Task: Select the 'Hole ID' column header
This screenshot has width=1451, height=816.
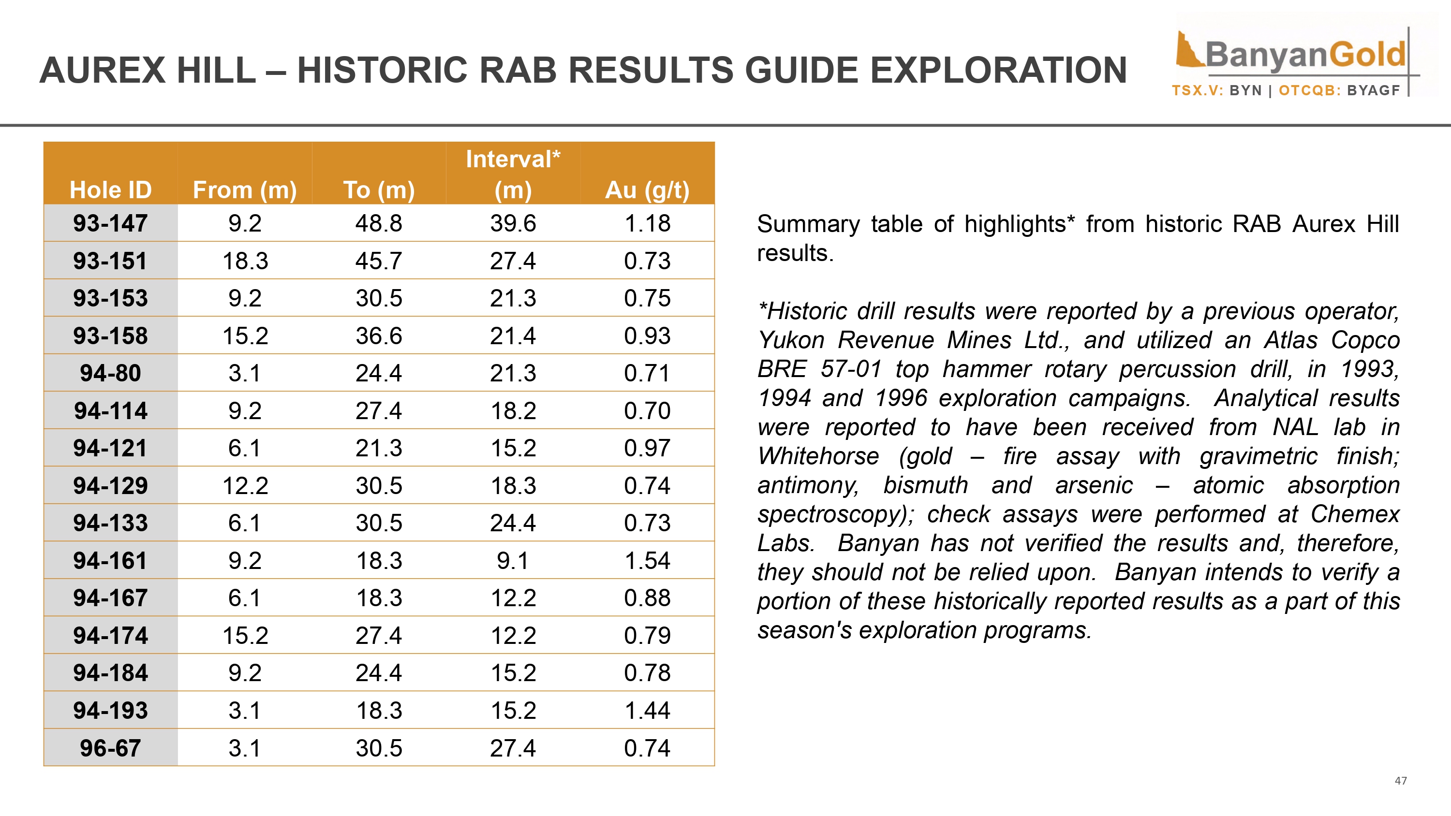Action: pos(110,190)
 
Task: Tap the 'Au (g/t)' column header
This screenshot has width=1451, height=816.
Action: pos(647,190)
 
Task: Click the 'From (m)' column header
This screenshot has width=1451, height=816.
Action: pos(244,190)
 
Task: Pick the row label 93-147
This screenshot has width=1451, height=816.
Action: pos(110,223)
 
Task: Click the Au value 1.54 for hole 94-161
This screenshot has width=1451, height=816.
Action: pos(647,560)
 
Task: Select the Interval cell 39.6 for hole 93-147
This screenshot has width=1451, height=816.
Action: pos(513,223)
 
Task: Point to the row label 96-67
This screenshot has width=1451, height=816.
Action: pos(110,748)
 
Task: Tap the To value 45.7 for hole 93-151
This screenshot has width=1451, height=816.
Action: pos(379,261)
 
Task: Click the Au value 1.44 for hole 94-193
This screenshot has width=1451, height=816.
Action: pos(647,710)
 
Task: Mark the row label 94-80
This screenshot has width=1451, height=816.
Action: pos(110,373)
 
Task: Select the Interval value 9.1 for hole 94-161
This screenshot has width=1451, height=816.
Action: pos(513,560)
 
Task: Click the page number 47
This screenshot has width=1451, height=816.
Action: pos(1400,781)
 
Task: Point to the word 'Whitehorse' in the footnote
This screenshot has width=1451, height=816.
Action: pos(818,456)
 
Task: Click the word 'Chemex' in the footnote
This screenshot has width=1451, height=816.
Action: pos(1355,514)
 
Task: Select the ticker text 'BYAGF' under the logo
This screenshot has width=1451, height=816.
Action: pos(1373,91)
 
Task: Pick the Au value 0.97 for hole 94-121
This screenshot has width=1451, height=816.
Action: pos(647,448)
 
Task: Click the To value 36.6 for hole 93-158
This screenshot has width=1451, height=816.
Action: pos(379,335)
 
